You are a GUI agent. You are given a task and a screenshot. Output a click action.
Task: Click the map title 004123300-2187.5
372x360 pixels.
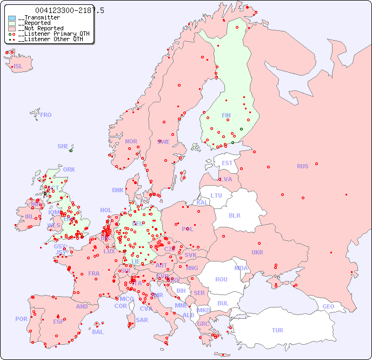pyautogui.click(x=69, y=10)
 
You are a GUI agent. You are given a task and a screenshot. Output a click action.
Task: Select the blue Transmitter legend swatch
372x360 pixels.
pyautogui.click(x=12, y=18)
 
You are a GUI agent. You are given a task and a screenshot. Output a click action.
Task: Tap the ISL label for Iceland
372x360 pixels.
pyautogui.click(x=18, y=67)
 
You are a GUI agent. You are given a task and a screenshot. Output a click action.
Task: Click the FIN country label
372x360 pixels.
pyautogui.click(x=226, y=115)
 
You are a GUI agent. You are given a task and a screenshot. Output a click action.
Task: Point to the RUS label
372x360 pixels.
pyautogui.click(x=302, y=166)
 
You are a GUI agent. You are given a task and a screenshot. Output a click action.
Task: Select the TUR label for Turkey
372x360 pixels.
pyautogui.click(x=277, y=330)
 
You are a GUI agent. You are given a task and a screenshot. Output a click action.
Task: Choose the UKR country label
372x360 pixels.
pyautogui.click(x=257, y=252)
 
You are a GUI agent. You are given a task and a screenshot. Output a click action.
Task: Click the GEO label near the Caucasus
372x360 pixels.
pyautogui.click(x=328, y=306)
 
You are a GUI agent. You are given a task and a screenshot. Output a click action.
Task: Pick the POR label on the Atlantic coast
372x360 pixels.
pyautogui.click(x=21, y=319)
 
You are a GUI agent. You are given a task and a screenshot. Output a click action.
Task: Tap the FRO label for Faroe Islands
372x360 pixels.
pyautogui.click(x=46, y=115)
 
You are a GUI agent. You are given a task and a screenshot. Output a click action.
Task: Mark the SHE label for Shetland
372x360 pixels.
pyautogui.click(x=63, y=146)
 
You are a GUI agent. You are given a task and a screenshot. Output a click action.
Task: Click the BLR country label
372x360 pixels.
pyautogui.click(x=234, y=215)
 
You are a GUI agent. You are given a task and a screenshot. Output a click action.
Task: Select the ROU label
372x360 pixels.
pyautogui.click(x=221, y=279)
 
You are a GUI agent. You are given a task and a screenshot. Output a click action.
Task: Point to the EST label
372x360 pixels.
pyautogui.click(x=227, y=163)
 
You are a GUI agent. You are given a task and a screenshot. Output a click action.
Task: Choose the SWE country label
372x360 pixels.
pyautogui.click(x=163, y=142)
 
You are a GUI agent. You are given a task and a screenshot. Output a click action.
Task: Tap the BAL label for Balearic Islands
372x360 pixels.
pyautogui.click(x=97, y=332)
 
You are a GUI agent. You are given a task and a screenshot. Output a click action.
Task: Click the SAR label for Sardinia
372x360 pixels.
pyautogui.click(x=142, y=320)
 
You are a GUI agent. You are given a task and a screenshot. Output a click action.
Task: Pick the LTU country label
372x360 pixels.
pyautogui.click(x=216, y=195)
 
